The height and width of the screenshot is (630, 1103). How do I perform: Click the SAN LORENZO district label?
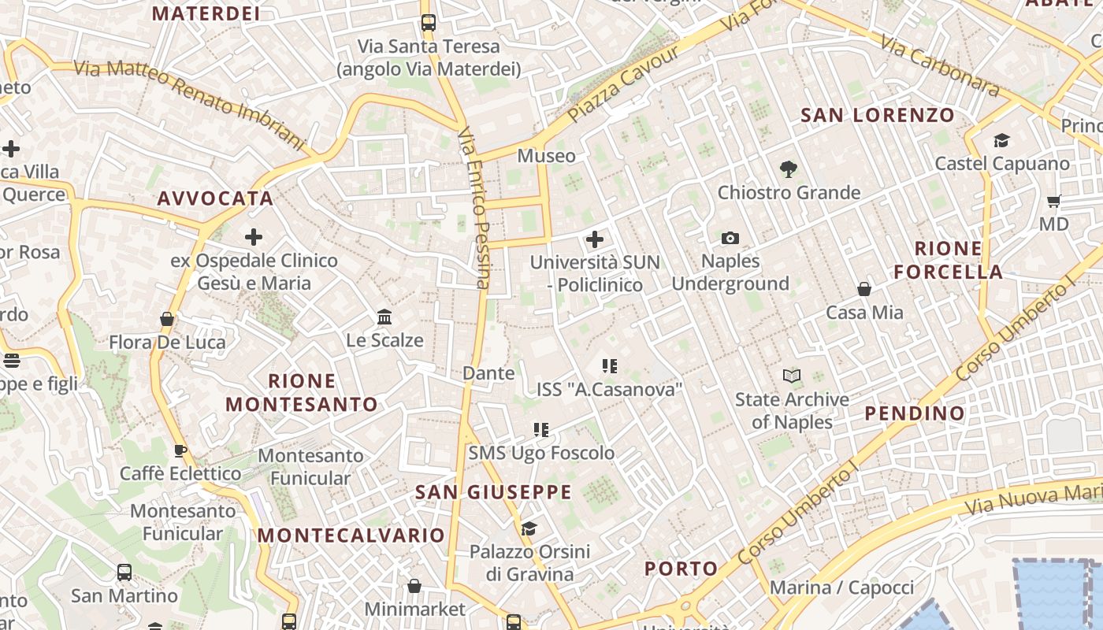tap(878, 115)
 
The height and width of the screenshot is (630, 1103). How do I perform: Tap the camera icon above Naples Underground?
tap(730, 238)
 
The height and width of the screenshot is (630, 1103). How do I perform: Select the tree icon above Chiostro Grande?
tap(788, 169)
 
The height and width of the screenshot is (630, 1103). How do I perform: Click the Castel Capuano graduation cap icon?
tap(1001, 140)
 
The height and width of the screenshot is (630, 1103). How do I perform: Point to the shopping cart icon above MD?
tap(1054, 201)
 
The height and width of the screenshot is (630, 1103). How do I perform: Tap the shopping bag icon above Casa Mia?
tap(864, 289)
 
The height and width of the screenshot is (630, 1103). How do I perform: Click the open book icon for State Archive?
tap(792, 376)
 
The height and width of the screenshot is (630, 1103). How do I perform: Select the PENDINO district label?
tap(915, 413)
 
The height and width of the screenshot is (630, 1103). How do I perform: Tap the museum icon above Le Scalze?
tap(384, 317)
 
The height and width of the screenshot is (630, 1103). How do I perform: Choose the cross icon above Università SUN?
tap(595, 239)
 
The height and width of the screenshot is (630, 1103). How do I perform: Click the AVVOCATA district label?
tap(215, 198)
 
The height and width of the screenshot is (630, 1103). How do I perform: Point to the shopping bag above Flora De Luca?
tap(167, 319)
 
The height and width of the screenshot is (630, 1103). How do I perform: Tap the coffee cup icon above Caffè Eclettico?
tap(180, 450)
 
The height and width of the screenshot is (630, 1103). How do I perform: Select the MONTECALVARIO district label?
tap(351, 535)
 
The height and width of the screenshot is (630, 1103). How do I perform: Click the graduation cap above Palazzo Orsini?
tap(529, 528)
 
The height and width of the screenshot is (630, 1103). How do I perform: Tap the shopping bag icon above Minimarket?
tap(414, 586)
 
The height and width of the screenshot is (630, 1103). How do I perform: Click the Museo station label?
tap(546, 156)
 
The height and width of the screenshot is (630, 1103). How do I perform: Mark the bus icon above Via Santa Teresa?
tap(429, 23)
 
